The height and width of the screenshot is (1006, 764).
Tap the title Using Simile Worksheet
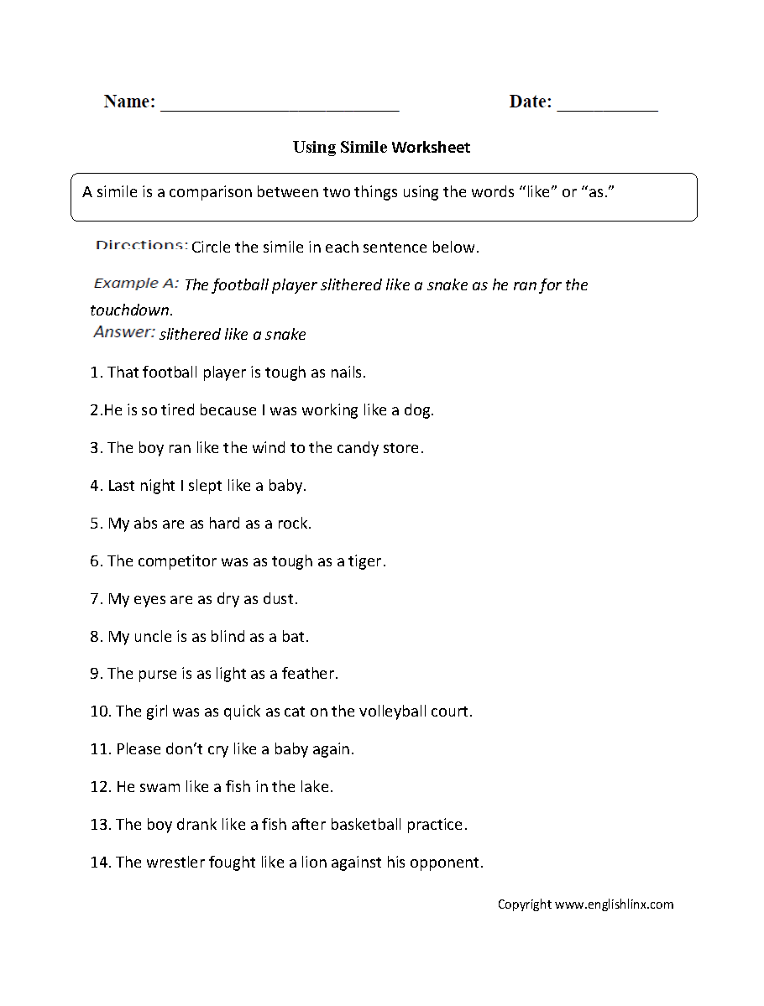[x=381, y=148]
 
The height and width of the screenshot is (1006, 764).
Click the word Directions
[x=141, y=246]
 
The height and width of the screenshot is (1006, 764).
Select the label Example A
[x=136, y=284]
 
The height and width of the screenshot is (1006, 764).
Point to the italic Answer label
[x=124, y=332]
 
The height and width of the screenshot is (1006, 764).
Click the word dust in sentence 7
[x=281, y=599]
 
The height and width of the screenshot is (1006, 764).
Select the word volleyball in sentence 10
[x=395, y=711]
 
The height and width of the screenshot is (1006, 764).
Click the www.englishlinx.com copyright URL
[x=614, y=904]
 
